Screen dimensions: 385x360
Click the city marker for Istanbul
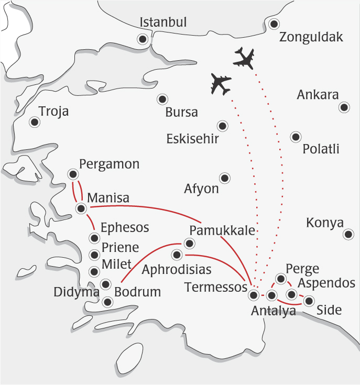pyautogui.click(x=142, y=39)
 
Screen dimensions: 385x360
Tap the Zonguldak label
pyautogui.click(x=311, y=37)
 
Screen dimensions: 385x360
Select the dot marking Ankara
pyautogui.click(x=344, y=107)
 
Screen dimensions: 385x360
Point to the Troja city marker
pyautogui.click(x=35, y=122)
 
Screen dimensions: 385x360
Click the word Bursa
pyautogui.click(x=181, y=113)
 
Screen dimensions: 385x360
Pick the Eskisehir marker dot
pyautogui.click(x=223, y=126)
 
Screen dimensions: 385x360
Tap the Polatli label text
pyautogui.click(x=321, y=149)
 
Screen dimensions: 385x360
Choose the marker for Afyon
pyautogui.click(x=225, y=178)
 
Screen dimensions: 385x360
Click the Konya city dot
pyautogui.click(x=348, y=235)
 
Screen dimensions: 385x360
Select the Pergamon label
pyautogui.click(x=109, y=164)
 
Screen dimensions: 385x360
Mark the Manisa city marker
pyautogui.click(x=81, y=208)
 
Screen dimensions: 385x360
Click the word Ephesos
pyautogui.click(x=125, y=228)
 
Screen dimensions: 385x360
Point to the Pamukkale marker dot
pyautogui.click(x=189, y=244)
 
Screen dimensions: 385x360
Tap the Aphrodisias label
pyautogui.click(x=177, y=270)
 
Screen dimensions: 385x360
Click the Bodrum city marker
pyautogui.click(x=108, y=302)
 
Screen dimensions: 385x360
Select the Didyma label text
pyautogui.click(x=77, y=292)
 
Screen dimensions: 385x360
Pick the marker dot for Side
pyautogui.click(x=309, y=301)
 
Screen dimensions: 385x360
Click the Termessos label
pyautogui.click(x=215, y=287)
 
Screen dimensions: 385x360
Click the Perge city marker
pyautogui.click(x=281, y=279)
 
